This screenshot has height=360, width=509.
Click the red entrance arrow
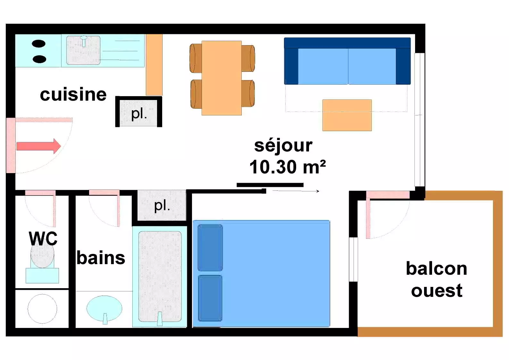pos(39,146)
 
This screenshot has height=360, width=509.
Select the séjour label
pos(283,146)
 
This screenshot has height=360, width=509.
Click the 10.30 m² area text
pos(288,167)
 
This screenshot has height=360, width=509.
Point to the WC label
pos(43,239)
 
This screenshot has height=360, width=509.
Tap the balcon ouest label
pos(437,279)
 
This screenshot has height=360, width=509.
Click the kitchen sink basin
pos(83,50)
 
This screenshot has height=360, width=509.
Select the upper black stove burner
pos(39,44)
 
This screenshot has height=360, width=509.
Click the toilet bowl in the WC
pos(42,255)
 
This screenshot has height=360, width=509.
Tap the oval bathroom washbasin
pos(104,309)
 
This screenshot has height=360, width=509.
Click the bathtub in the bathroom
pos(160,277)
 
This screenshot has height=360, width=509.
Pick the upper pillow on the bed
pos(210,248)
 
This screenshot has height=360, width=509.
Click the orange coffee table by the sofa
pos(347,115)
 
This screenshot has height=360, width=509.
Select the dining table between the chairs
pos(221,78)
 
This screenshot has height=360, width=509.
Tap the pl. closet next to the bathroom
pos(162,205)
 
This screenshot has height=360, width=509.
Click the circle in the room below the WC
pos(42,309)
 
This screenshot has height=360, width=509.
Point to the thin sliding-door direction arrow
pos(296,191)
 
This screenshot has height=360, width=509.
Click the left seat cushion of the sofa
pos(323,66)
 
